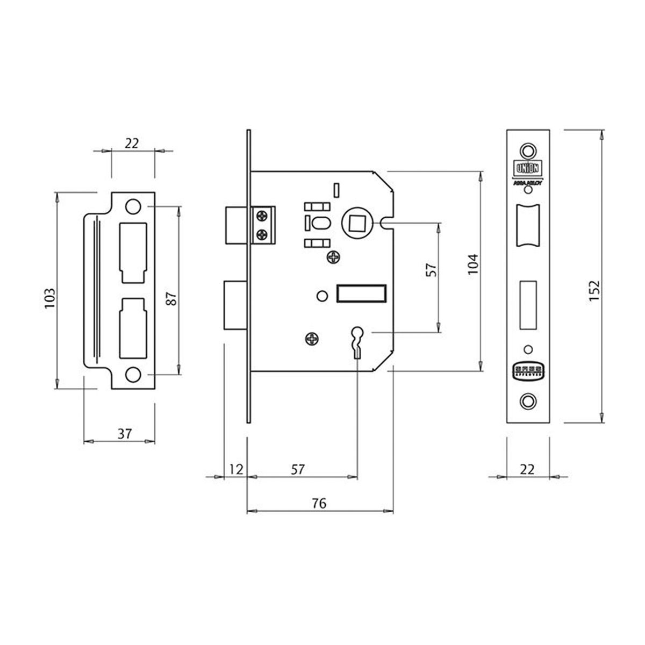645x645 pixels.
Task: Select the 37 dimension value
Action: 125,434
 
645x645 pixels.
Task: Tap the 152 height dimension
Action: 593,290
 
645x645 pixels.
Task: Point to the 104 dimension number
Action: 472,264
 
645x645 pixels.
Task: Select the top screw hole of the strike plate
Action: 132,206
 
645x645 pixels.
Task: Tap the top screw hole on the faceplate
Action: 528,149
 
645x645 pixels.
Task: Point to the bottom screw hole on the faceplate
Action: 528,399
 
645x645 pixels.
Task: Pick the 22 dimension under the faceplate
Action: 527,469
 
